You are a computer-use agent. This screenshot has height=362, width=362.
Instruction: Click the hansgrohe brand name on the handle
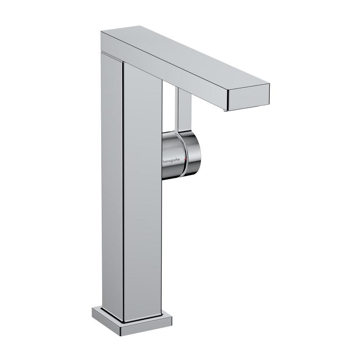point(171,160)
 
